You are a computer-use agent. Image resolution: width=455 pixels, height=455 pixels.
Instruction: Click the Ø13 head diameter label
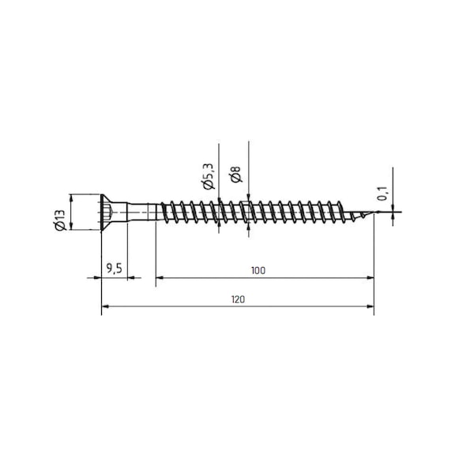tap(60, 220)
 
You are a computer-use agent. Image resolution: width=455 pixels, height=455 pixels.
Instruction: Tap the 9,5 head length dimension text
tap(114, 269)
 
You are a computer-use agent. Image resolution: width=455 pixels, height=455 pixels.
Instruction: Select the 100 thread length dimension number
tap(258, 270)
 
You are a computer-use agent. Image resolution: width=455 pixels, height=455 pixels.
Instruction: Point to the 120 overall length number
tap(239, 299)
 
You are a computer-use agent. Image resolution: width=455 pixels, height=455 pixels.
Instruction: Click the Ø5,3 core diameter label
tap(209, 176)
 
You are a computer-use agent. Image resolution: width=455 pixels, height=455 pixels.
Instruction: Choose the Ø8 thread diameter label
tap(236, 175)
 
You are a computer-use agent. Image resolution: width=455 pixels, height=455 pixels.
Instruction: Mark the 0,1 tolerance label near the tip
tap(382, 194)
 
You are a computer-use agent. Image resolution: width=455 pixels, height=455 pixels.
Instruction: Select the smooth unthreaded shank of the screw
tap(142, 212)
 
